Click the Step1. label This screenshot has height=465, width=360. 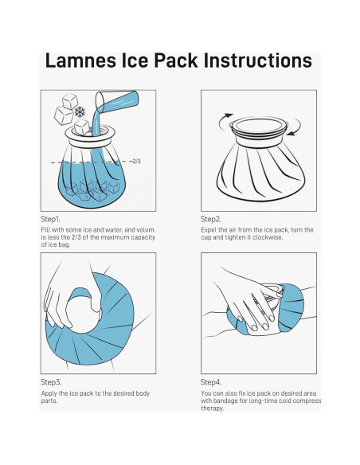tap(52, 218)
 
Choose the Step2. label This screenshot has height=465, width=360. tap(211, 218)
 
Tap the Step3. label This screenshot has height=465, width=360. tap(52, 382)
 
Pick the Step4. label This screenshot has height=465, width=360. tap(211, 382)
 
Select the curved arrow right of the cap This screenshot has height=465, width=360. tap(296, 128)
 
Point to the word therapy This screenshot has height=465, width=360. tap(213, 409)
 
